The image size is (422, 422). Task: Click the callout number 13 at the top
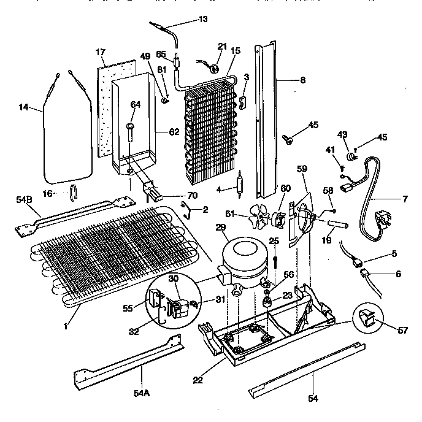click(x=202, y=18)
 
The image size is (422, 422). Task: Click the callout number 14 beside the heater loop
click(x=23, y=108)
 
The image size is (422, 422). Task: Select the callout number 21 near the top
click(x=222, y=47)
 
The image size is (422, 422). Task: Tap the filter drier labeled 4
click(x=240, y=182)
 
